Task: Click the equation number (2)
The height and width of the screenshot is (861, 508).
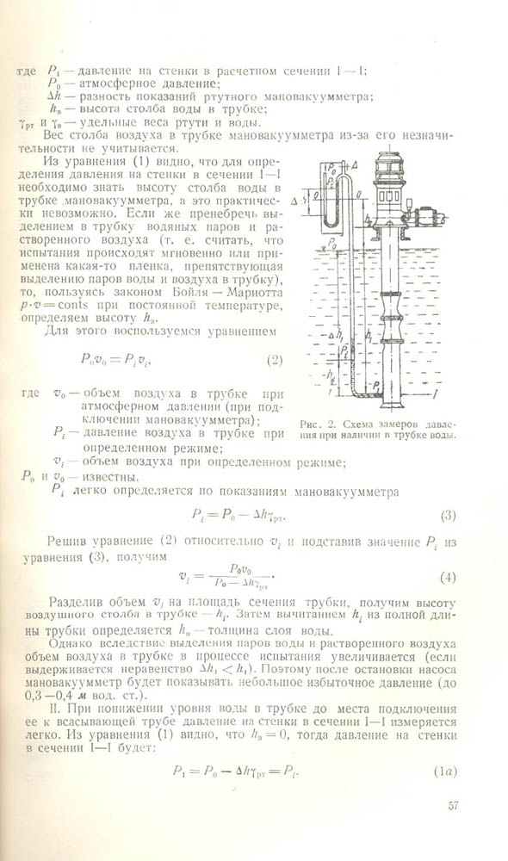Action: tap(274, 359)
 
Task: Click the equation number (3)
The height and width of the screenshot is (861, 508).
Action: tap(448, 516)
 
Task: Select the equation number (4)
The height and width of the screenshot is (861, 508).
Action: tap(448, 576)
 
